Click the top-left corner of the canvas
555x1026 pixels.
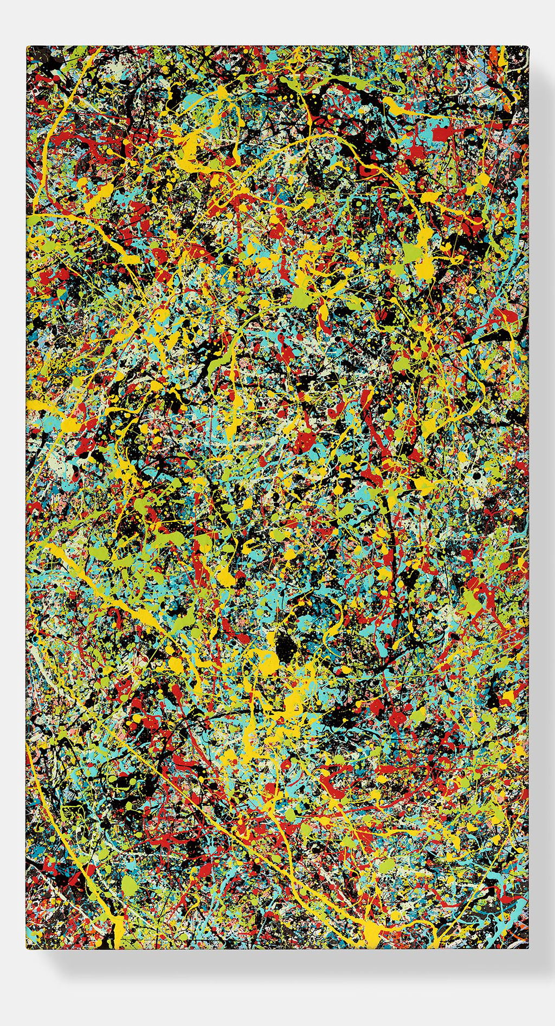point(27,47)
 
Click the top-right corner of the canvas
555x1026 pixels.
point(527,47)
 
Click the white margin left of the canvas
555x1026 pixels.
point(12,488)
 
